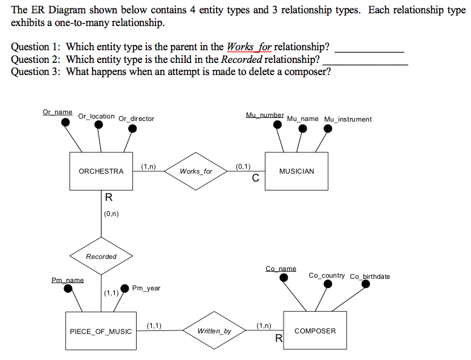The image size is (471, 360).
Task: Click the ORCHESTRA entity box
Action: point(101,171)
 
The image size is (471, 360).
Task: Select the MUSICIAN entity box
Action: point(296,171)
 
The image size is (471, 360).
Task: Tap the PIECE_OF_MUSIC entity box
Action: point(100,331)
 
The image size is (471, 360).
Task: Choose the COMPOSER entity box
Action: point(314,331)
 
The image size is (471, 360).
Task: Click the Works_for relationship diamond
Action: point(196,171)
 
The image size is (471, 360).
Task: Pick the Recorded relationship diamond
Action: point(101,257)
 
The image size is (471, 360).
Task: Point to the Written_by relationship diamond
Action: point(214,331)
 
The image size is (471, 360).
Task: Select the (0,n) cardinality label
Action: point(111,213)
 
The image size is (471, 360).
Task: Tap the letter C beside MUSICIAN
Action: point(255,178)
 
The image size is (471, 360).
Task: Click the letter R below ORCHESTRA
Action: point(108,197)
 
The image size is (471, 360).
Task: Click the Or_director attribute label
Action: point(136,119)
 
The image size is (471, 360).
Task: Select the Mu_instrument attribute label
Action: point(348,119)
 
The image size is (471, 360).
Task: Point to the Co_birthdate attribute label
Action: point(370,277)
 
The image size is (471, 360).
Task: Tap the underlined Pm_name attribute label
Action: point(67,280)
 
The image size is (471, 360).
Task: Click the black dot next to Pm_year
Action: point(125,288)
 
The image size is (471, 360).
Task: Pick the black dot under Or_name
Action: point(65,123)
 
